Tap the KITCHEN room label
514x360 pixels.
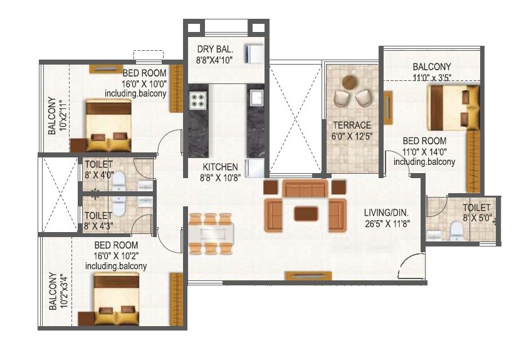220,167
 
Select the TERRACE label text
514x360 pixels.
352,125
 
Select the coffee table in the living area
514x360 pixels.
305,213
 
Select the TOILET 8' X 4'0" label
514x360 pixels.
98,169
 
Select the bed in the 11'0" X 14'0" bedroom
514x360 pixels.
449,107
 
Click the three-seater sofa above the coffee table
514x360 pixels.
305,188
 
